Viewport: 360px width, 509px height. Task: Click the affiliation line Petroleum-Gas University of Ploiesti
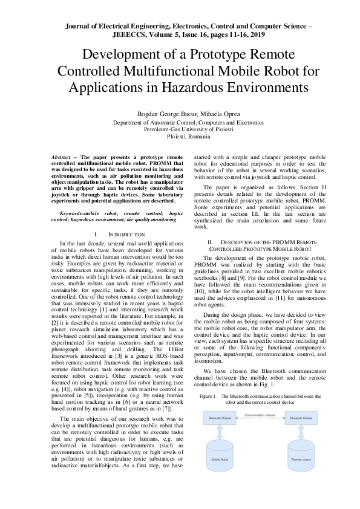coord(180,130)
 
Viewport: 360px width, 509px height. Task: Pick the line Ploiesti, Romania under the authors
coord(180,137)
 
